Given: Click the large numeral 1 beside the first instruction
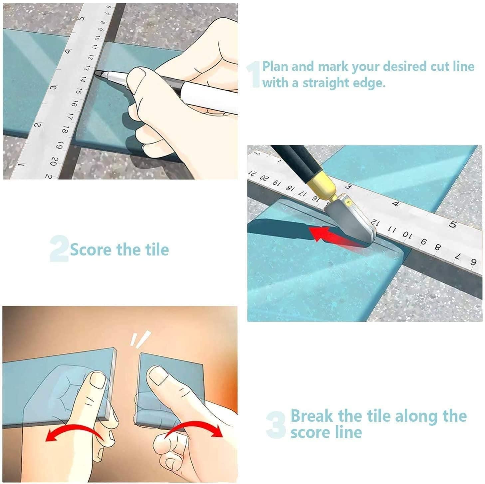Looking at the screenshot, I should coord(254,76).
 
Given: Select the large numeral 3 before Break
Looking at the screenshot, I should coord(276,425).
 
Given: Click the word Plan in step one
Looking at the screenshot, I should coord(276,67).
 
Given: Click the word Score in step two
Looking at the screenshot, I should coord(91,249).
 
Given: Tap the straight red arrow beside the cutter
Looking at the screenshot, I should coord(333,236).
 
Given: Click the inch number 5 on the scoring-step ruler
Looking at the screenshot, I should coord(452,224).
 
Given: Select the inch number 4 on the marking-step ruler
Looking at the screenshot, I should coord(68,51).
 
